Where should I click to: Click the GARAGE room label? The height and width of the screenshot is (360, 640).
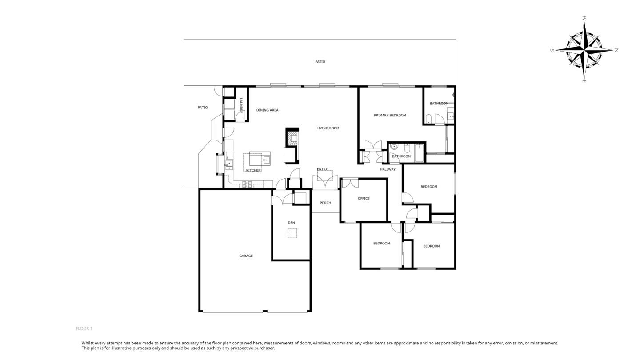point(246,256)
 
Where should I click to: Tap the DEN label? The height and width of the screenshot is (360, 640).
point(292,223)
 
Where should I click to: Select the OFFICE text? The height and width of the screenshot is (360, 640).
point(364,199)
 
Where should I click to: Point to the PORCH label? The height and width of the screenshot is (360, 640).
point(325,203)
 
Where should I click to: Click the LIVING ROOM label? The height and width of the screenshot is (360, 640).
point(328,128)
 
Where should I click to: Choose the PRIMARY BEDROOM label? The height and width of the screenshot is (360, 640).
point(390,116)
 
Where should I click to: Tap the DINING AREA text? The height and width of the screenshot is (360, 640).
point(268,110)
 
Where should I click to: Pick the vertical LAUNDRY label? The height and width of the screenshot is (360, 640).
point(241,105)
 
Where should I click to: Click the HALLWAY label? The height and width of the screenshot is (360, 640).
point(388,169)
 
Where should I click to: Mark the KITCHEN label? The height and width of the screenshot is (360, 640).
point(253,171)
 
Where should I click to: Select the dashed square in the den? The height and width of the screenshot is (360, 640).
point(292,233)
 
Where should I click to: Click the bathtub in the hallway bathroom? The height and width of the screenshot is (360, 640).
point(419,153)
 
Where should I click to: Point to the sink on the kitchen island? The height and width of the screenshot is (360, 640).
point(266,160)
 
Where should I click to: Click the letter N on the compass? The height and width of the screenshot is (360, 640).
point(616,50)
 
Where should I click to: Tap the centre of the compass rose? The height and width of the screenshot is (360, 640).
point(585,50)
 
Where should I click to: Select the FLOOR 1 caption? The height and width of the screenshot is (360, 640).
point(84,328)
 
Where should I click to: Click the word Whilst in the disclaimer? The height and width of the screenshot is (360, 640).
point(88,343)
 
